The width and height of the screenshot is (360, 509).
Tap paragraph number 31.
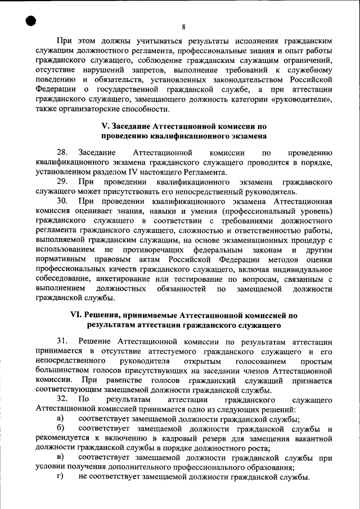point(62,342)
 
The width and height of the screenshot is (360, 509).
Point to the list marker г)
point(60,478)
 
